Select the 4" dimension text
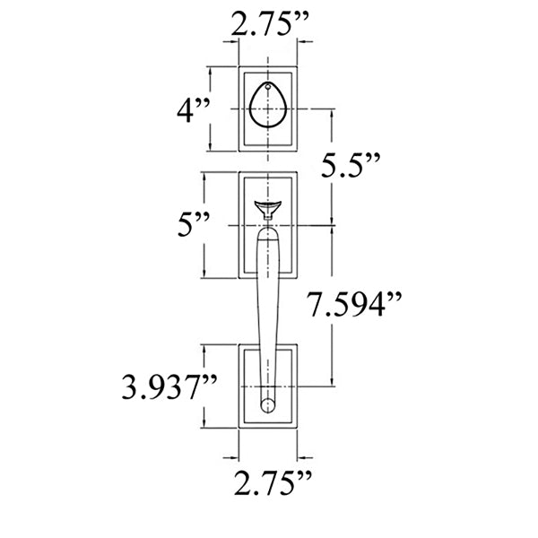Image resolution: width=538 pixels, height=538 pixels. pos(193,112)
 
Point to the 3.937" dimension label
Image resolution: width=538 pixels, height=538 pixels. pos(171,387)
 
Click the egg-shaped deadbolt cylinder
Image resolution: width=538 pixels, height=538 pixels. pos(268,108)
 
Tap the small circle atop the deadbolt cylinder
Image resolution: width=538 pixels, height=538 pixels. pos(268,88)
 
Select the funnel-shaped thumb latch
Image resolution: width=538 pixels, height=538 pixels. pos(268,210)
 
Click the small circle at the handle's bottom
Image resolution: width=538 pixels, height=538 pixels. pos(267,406)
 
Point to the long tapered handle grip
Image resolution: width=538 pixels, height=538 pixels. pos(268,305)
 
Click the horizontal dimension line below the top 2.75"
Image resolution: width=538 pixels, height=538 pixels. pos(269,48)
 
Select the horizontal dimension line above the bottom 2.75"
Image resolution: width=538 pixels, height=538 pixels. pos(269,454)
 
